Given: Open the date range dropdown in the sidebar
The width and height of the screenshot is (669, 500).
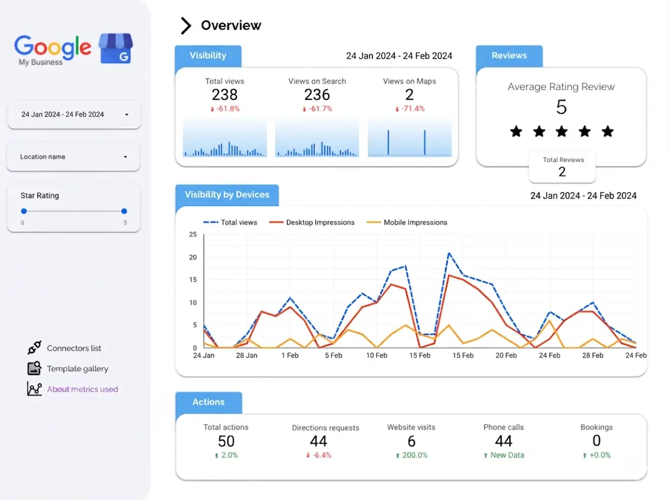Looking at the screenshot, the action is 74,114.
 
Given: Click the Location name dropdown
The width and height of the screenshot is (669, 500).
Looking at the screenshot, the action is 73,157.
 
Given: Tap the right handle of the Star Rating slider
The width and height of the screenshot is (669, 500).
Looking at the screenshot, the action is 124,211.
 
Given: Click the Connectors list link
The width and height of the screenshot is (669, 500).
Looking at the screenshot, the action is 74,348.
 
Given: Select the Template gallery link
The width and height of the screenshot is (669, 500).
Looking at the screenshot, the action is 77,369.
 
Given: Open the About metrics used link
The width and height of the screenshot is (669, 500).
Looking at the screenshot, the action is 82,389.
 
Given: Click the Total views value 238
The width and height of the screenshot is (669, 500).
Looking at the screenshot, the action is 224,95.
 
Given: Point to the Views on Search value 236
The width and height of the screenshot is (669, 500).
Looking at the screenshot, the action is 317,95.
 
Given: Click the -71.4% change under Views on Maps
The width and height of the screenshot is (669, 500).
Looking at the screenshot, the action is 409,109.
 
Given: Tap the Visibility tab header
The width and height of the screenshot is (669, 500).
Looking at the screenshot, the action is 208,56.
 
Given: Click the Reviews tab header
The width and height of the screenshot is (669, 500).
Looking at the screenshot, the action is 509,56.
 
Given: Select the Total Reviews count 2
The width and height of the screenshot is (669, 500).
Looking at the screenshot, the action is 562,172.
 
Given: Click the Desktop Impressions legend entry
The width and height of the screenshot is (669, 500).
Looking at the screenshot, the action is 312,223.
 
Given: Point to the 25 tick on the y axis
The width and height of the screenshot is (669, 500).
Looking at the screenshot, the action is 193,234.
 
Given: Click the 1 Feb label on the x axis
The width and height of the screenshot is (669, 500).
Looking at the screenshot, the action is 290,355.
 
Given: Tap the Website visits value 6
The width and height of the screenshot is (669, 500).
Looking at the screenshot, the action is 412,441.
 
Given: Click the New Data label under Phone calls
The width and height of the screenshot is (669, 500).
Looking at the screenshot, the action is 507,455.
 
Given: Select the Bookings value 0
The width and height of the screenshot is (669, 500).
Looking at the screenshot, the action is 596,441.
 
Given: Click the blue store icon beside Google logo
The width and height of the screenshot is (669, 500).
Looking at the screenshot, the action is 116,48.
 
